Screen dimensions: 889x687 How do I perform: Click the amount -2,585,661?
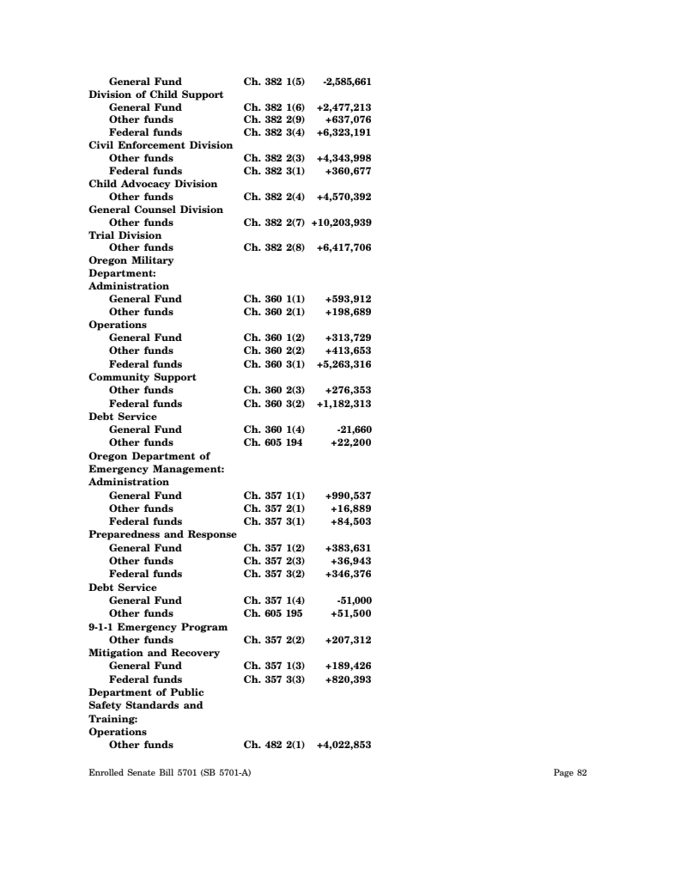(x=346, y=82)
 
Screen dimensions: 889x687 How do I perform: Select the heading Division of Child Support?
(x=156, y=94)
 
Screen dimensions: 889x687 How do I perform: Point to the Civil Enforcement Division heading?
(x=161, y=145)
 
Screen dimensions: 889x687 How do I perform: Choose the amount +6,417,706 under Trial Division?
(x=343, y=247)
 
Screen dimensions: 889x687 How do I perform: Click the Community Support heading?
(x=143, y=377)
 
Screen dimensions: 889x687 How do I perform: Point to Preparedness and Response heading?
(x=162, y=534)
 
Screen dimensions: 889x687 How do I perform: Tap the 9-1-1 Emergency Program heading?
(x=158, y=627)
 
